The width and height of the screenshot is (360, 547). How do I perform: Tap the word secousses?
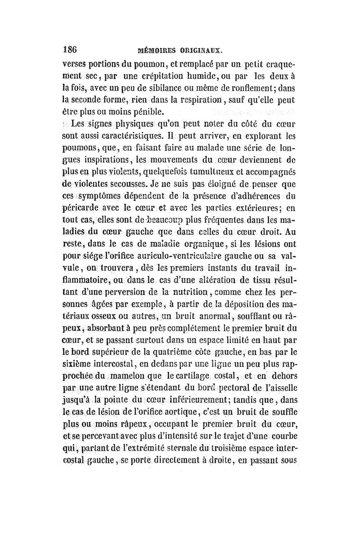(x=139, y=185)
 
